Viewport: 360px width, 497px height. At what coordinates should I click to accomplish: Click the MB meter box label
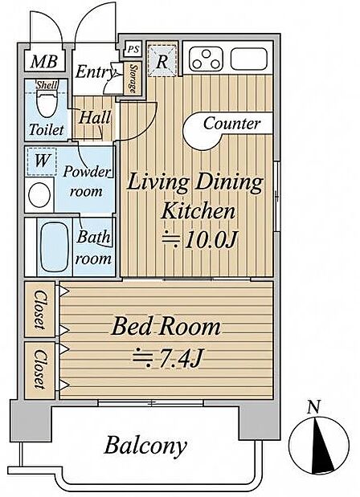44,62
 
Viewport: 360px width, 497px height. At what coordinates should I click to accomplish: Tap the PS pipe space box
133,49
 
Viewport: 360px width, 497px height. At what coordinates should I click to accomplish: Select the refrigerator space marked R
162,60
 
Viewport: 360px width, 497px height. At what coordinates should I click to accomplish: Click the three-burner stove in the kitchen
207,59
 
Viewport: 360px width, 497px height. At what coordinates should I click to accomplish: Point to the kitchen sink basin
248,59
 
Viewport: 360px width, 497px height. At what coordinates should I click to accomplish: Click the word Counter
232,123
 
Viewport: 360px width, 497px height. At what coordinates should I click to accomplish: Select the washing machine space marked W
42,161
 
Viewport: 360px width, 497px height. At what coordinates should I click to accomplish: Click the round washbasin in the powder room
39,195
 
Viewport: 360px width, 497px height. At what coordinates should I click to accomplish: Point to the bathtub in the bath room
55,246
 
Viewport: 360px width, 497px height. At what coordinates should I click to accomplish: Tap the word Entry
95,72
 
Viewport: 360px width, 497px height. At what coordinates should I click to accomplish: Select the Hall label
95,118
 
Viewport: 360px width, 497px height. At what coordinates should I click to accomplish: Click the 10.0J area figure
200,240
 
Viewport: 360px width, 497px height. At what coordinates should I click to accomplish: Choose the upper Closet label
40,309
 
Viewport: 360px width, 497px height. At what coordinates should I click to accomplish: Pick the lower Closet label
40,369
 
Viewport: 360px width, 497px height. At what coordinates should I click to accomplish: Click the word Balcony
145,446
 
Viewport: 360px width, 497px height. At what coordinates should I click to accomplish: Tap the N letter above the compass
314,407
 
